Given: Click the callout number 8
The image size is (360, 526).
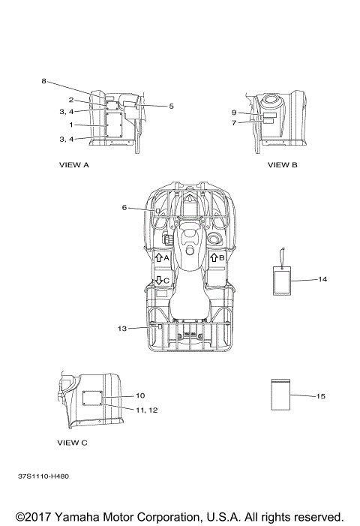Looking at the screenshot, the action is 43,81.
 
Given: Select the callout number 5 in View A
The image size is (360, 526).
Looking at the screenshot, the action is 171,107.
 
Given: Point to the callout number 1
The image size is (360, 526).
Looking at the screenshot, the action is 71,125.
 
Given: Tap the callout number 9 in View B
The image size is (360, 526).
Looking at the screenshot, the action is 234,113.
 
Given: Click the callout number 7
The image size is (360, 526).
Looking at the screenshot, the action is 234,123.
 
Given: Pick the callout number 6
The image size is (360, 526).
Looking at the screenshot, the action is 124,208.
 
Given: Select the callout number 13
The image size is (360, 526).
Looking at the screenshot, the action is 122,329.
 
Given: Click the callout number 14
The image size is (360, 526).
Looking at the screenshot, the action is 322,279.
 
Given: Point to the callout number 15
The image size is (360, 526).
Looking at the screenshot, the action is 321,396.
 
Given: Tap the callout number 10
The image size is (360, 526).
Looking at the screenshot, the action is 140,396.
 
